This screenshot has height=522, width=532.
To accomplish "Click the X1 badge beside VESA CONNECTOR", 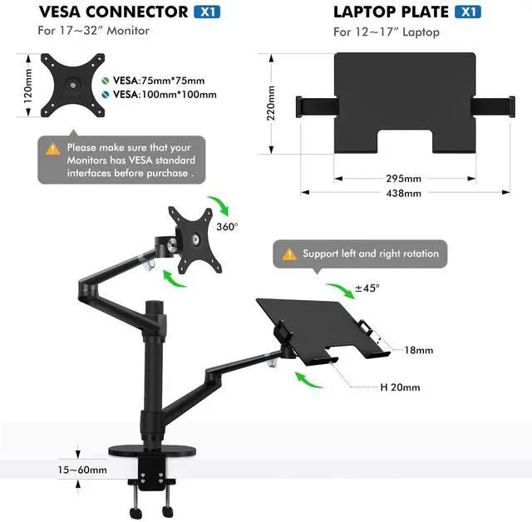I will [x=208, y=12].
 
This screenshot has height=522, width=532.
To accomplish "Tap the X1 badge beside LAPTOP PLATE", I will [x=467, y=12].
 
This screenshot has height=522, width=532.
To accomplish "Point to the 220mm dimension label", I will [x=270, y=105].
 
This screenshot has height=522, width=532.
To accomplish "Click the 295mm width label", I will [x=402, y=179].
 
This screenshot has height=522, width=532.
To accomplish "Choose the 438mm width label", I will [x=402, y=193].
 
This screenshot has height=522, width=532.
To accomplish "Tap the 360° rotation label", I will [x=227, y=226].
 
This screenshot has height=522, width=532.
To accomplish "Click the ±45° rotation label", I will [x=367, y=288].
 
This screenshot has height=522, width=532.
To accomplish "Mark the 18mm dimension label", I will [x=419, y=350].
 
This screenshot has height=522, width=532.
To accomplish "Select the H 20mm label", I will [x=400, y=387].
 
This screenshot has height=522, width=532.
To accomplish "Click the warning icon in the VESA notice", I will [x=53, y=149].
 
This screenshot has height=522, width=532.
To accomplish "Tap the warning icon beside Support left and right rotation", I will [x=289, y=254].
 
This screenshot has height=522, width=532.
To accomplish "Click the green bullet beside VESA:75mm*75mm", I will [x=106, y=81].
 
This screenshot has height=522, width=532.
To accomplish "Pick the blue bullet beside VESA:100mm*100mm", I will [x=106, y=95].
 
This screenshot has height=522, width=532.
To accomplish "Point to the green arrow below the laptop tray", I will [x=311, y=380].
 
